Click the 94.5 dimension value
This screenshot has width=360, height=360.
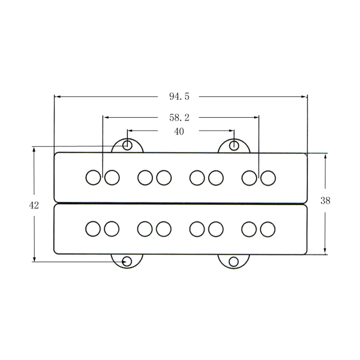[179, 96]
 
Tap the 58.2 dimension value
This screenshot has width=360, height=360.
[179, 117]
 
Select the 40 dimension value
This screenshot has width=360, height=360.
[179, 131]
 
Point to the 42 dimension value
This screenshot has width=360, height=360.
[34, 205]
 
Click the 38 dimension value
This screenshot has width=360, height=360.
[325, 201]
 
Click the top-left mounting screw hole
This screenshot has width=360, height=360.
[127, 145]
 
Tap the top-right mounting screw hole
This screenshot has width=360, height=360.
[234, 145]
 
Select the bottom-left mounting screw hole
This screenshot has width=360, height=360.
[127, 262]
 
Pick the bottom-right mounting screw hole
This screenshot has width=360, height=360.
[233, 262]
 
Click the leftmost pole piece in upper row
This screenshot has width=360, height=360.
[93, 178]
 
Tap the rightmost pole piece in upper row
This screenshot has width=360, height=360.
[268, 178]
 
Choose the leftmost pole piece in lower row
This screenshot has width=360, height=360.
[93, 229]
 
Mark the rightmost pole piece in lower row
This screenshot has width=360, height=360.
[268, 229]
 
